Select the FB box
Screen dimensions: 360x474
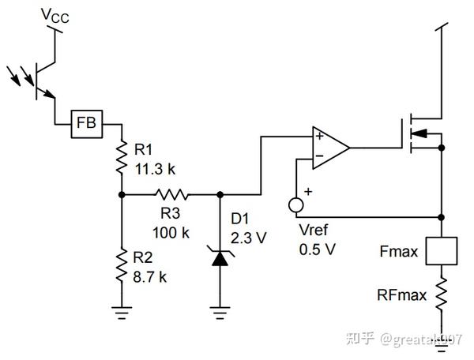tap(86, 124)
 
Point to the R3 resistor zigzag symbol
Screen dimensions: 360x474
tap(171, 193)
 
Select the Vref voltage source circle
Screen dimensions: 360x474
tap(295, 205)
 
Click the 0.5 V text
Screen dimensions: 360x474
tap(317, 248)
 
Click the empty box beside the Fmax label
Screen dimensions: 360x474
tap(441, 250)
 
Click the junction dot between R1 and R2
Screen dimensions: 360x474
tap(122, 193)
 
